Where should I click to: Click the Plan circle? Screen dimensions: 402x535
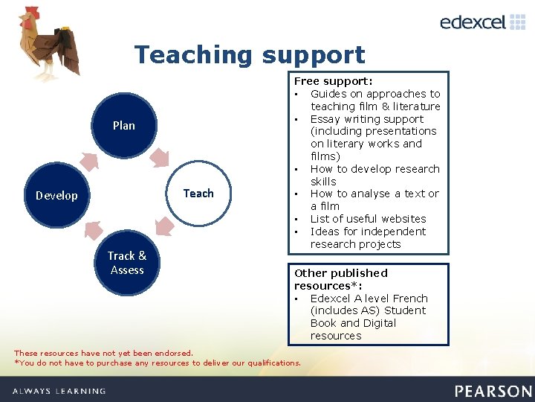[x=124, y=125]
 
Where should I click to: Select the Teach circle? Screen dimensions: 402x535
[x=198, y=194]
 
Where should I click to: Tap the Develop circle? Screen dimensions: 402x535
[x=56, y=196]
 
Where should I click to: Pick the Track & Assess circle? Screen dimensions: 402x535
[x=127, y=263]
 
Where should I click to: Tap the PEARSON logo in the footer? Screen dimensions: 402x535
[x=493, y=391]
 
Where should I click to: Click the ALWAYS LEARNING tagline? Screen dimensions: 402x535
[x=59, y=391]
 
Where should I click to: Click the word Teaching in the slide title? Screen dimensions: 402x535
[x=194, y=55]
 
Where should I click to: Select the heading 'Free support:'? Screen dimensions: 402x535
[x=334, y=80]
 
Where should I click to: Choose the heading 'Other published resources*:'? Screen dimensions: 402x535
[x=341, y=279]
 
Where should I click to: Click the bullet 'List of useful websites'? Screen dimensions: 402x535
[x=368, y=219]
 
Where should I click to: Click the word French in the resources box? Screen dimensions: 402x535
[x=410, y=299]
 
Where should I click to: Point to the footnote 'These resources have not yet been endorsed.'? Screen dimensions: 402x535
[x=103, y=353]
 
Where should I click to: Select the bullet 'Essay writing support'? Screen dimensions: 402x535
[x=367, y=119]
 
